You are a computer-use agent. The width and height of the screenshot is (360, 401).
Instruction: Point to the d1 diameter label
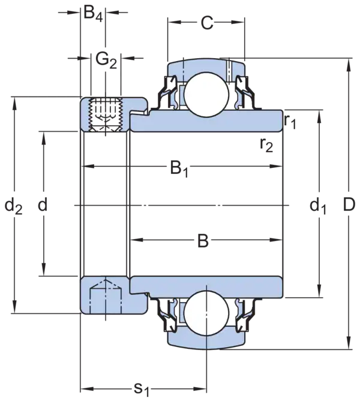click(x=317, y=207)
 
